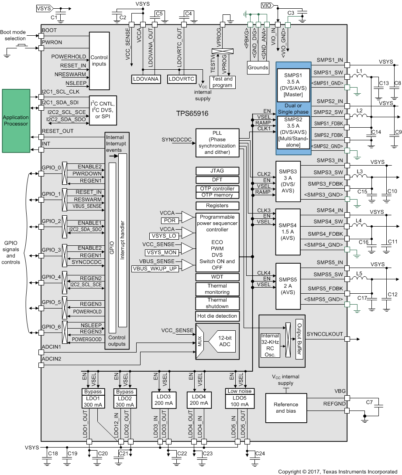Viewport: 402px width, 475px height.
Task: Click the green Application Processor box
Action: point(16,121)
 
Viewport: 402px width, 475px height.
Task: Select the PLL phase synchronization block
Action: point(217,143)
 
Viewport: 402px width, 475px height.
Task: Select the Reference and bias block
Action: point(285,407)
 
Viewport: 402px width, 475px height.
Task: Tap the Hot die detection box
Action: point(217,316)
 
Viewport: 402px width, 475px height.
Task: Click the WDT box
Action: point(217,277)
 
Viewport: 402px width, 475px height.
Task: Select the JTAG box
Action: point(217,171)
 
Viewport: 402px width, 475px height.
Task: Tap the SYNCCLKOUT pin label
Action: point(325,334)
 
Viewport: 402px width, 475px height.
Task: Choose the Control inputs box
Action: point(99,61)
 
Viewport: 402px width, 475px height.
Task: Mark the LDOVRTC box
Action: point(182,79)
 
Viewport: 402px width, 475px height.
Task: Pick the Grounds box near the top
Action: point(258,68)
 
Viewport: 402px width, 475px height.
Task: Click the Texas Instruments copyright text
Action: point(337,472)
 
